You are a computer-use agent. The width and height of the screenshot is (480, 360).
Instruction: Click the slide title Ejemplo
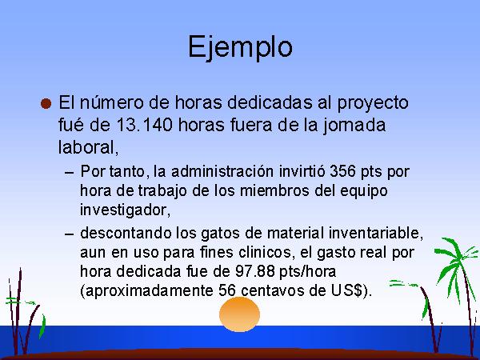[x=240, y=47]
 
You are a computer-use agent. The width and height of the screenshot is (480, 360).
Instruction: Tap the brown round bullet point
[x=46, y=103]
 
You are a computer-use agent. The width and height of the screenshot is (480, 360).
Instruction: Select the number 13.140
[x=144, y=125]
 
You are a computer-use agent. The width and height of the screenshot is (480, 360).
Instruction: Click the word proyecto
[x=373, y=103]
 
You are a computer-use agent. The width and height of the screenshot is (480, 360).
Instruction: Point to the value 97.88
[x=255, y=271]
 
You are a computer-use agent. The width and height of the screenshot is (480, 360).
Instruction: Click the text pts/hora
[x=308, y=271]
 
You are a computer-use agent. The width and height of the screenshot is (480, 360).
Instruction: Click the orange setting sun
[x=240, y=314]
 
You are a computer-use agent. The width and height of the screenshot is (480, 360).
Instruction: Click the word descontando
[x=126, y=233]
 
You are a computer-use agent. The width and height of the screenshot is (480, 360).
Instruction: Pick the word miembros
[x=274, y=190]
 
